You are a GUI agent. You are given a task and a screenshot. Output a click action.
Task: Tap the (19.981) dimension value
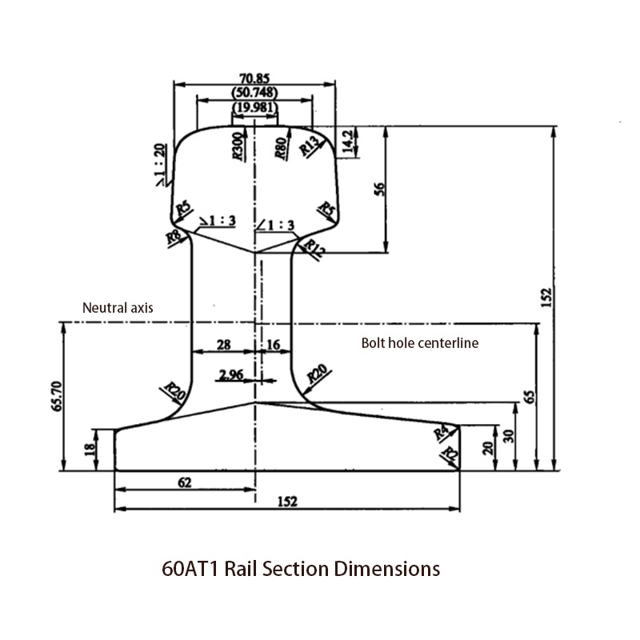point(255,107)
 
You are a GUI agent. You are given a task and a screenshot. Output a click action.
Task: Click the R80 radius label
point(281,149)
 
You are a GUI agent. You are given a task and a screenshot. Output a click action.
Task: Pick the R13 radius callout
point(310,144)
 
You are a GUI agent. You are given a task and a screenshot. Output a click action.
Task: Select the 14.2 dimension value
point(347,142)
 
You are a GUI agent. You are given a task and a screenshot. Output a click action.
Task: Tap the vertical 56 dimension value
point(380,188)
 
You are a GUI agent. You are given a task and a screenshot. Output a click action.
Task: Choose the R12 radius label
point(316,250)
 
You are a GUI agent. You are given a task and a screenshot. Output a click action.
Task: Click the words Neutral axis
point(118,307)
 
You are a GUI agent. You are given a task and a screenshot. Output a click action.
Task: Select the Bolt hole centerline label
point(420,343)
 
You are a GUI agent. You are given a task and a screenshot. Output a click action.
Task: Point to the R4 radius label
point(441,433)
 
